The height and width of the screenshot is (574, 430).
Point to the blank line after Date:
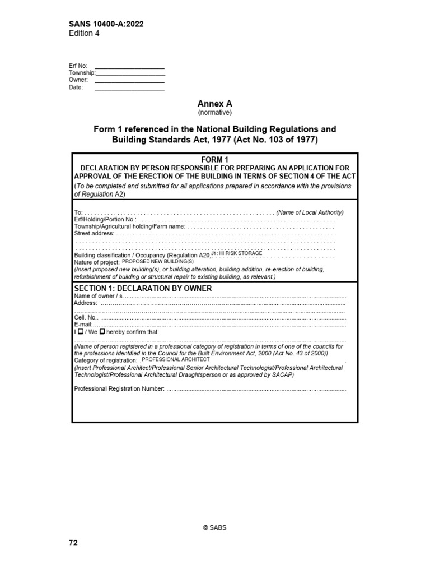130,89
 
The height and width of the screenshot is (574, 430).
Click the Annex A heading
214,104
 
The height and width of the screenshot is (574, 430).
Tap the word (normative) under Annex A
214,112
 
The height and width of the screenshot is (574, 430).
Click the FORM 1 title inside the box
214,160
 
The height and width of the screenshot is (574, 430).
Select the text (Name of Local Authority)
310,212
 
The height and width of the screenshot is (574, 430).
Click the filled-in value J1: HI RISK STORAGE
237,254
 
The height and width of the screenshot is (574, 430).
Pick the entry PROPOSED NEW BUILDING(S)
157,262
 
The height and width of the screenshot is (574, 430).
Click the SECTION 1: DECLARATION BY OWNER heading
143,288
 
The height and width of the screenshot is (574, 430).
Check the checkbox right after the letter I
81,332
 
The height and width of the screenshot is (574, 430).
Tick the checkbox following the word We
102,332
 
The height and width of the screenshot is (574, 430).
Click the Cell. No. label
86,317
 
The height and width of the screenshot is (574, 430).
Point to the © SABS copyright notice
214,528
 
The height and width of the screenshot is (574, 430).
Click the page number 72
73,543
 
